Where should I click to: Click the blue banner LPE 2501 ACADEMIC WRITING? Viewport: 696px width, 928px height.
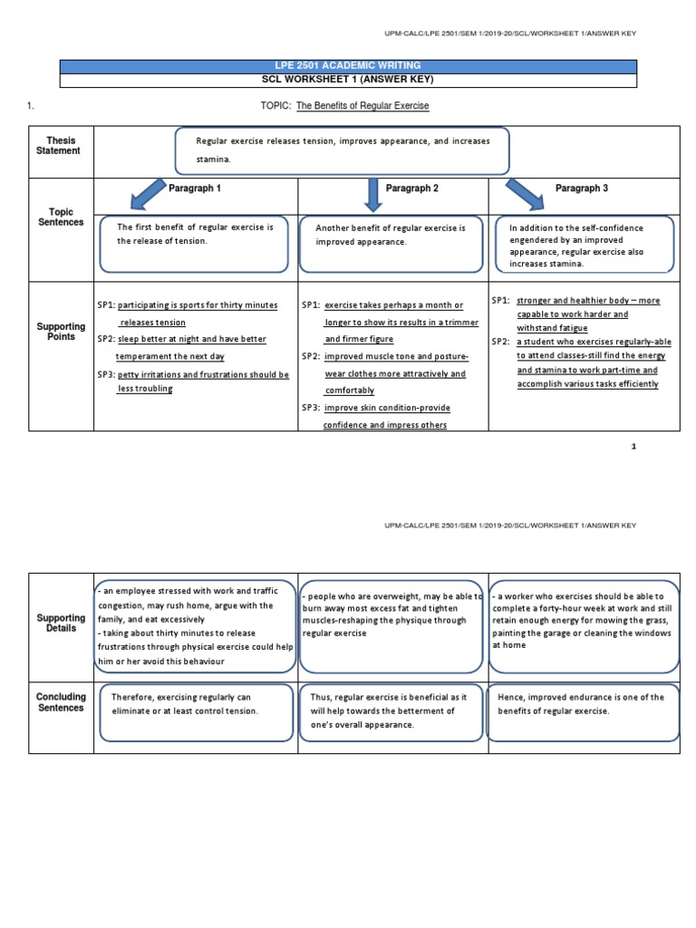[348, 65]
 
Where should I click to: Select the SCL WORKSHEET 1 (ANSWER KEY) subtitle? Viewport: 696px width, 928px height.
[348, 80]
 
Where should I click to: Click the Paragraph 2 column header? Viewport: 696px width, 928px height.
[412, 188]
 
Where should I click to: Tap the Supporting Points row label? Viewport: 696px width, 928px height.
[62, 332]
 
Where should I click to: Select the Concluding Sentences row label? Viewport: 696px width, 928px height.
[62, 702]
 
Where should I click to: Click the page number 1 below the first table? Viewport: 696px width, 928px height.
[633, 446]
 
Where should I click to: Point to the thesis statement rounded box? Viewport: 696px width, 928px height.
[342, 150]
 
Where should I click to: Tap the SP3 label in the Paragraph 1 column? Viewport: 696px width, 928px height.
[106, 374]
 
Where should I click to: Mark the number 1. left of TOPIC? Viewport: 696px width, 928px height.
[32, 106]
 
